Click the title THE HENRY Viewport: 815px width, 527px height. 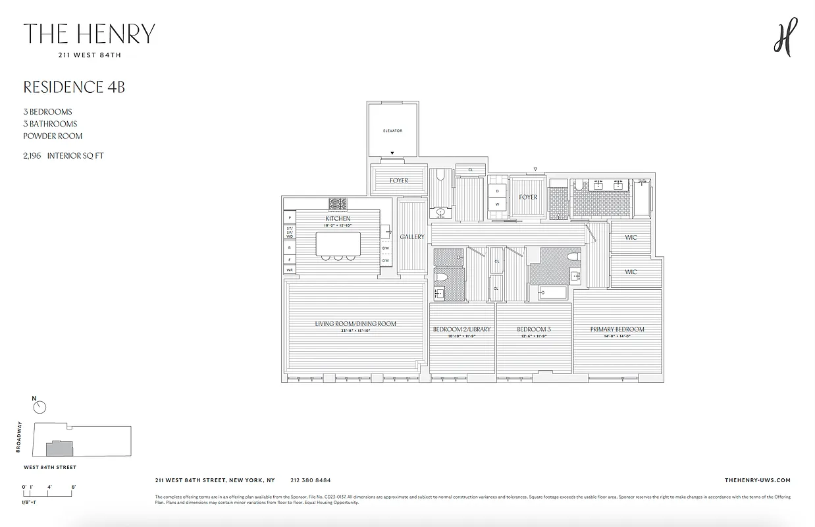(x=90, y=34)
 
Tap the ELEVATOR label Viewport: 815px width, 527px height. (x=392, y=130)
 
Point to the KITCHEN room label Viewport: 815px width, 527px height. (x=338, y=218)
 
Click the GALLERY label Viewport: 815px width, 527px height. (x=412, y=236)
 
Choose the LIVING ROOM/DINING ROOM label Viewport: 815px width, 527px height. (x=355, y=323)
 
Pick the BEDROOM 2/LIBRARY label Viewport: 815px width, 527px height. (x=461, y=329)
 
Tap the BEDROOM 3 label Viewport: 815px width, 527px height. (x=533, y=329)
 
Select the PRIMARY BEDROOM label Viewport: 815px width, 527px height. (x=617, y=329)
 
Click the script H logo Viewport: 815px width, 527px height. (x=785, y=37)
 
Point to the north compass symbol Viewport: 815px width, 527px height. (x=39, y=407)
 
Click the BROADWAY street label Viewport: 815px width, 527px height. (x=20, y=437)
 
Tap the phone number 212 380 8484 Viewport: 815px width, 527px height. (x=310, y=480)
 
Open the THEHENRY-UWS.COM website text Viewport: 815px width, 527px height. (x=757, y=480)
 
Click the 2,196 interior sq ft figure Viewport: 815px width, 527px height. (x=63, y=156)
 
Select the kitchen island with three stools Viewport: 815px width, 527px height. (x=338, y=244)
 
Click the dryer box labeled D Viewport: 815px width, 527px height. (x=498, y=191)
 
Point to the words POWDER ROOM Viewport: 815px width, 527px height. (x=53, y=136)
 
